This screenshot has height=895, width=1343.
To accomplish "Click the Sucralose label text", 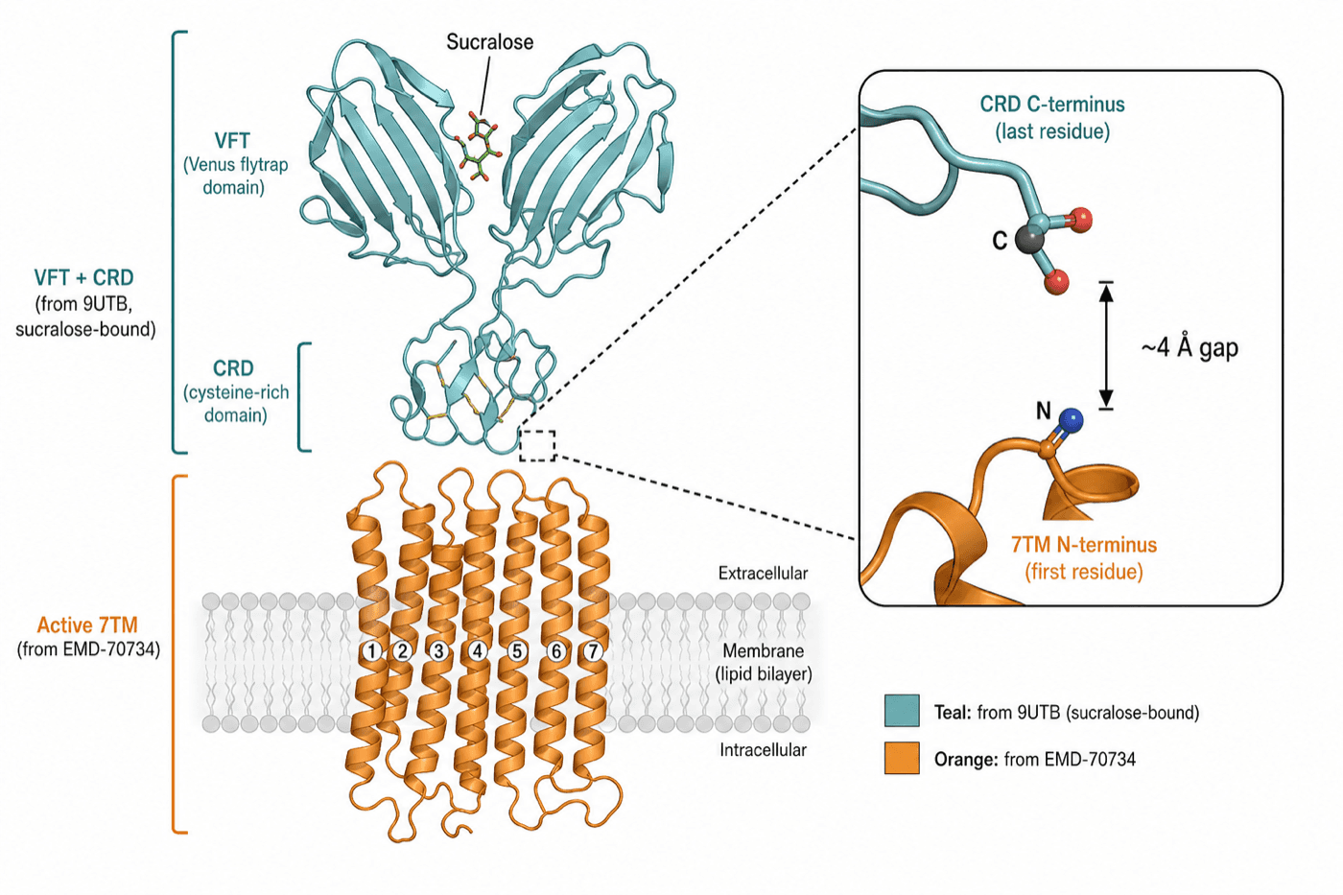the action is point(490,42).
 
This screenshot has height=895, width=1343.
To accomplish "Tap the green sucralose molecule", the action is point(479,148).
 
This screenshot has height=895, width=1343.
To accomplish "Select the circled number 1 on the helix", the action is point(372,651).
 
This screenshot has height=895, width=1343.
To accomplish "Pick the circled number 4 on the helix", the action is point(478,651).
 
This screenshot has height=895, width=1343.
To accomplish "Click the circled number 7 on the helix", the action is point(593,651).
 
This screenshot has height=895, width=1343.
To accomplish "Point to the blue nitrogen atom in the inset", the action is point(1071,420).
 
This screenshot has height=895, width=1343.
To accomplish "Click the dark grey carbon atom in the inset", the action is point(1028,240).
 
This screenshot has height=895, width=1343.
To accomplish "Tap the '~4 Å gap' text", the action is point(1190,347).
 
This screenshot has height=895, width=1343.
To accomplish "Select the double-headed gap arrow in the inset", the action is point(1106,346).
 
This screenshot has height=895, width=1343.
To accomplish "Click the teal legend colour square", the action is point(902,711).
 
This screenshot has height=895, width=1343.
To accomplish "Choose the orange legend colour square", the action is point(902,759).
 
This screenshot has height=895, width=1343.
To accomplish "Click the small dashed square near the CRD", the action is point(537,445).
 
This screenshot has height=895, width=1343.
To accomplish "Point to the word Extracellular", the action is point(764,574).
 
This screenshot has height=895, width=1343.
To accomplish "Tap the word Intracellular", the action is point(764,750).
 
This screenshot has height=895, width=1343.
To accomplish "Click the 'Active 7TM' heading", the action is point(87,625).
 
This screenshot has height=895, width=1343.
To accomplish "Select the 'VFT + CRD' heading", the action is point(84,277).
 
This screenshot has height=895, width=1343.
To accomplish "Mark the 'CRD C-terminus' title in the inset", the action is point(1052,105).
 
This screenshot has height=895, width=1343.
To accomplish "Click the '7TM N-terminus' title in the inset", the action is point(1084,544).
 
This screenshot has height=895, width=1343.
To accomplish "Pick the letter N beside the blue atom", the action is point(1044,412).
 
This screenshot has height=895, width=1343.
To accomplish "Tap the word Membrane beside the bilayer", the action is point(764,651).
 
